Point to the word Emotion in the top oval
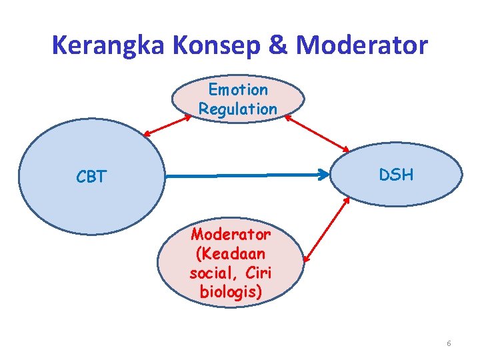[238, 89]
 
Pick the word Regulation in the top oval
[238, 109]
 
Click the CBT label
[91, 177]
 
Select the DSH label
[396, 175]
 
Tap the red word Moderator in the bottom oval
[231, 235]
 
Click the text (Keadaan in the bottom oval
[231, 254]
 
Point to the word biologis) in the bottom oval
[231, 293]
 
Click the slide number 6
[449, 343]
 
